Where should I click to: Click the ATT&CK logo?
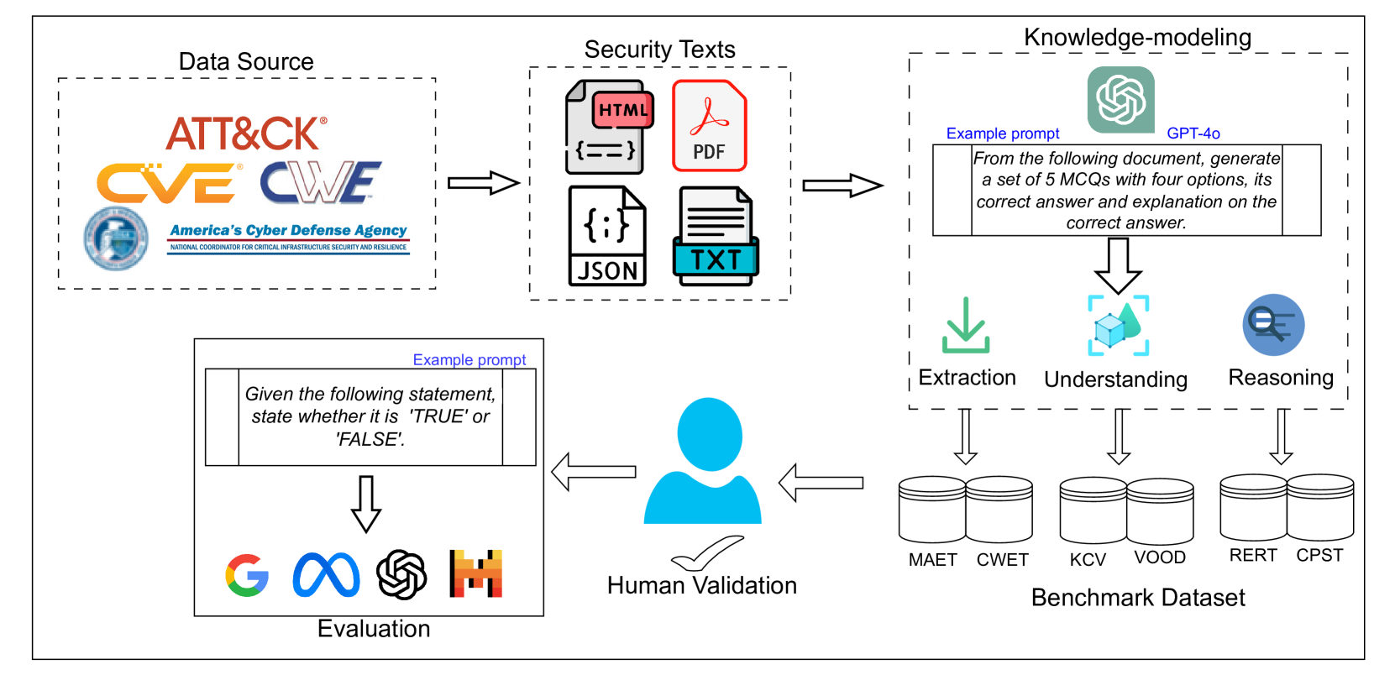click(x=245, y=133)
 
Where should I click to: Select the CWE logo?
click(x=320, y=182)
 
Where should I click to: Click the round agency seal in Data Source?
click(x=116, y=238)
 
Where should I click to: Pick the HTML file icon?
click(x=608, y=127)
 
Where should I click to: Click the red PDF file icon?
click(x=710, y=126)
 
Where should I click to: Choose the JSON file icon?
click(x=606, y=236)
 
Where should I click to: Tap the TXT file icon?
click(x=716, y=236)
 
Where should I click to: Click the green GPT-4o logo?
click(x=1120, y=100)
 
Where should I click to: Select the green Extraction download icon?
click(x=965, y=326)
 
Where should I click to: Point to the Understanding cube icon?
click(x=1118, y=326)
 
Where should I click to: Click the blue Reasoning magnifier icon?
click(x=1273, y=324)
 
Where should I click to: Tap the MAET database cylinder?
click(x=932, y=510)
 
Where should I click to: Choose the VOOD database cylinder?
click(x=1160, y=511)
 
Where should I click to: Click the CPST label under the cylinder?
click(x=1319, y=555)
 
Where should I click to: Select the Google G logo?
click(x=247, y=575)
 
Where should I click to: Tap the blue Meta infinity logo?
click(x=326, y=575)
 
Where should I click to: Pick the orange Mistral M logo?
click(x=476, y=573)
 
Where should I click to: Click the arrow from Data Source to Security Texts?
click(x=483, y=183)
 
